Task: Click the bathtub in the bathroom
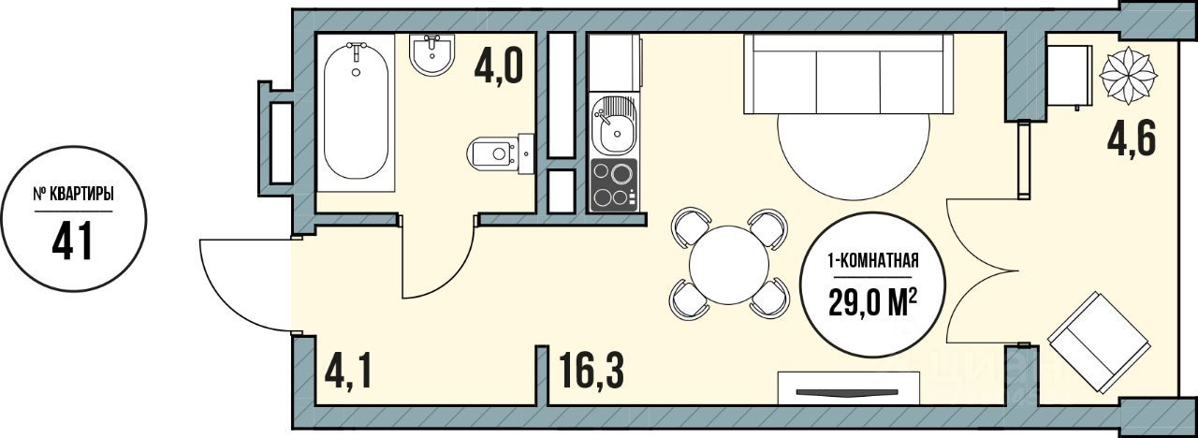tap(357, 111)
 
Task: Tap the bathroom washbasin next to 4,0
tap(432, 54)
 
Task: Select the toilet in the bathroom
tap(500, 154)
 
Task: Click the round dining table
tap(729, 264)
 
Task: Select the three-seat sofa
tap(848, 74)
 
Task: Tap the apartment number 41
tap(73, 241)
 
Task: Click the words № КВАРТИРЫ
tap(74, 196)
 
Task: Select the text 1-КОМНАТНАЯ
tap(873, 262)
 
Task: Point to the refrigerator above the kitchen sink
tap(614, 63)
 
